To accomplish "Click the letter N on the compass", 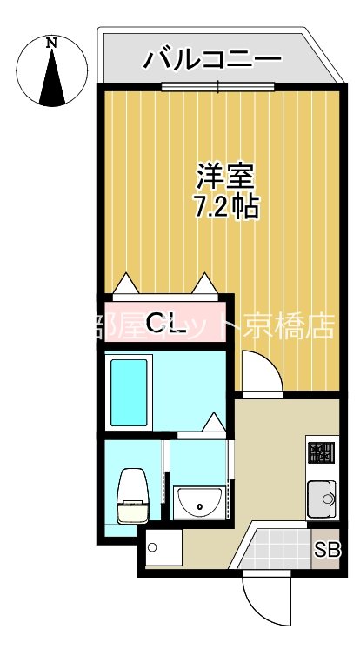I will [x=52, y=42].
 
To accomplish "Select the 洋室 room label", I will [x=224, y=177].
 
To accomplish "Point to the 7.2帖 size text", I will [x=224, y=208].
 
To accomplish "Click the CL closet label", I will [x=165, y=324].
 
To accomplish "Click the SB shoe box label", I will [x=327, y=550].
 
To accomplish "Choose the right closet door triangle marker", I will [x=205, y=282].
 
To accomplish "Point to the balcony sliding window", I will [x=217, y=86].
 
